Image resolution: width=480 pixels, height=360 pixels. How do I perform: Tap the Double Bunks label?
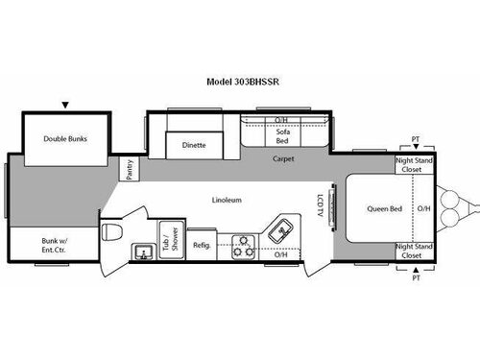[65, 138]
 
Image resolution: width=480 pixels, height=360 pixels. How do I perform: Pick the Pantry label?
[130, 169]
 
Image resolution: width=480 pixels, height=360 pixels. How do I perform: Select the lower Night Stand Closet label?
[412, 252]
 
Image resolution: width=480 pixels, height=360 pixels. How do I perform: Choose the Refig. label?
[202, 245]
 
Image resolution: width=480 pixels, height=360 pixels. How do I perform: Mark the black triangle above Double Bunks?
[65, 105]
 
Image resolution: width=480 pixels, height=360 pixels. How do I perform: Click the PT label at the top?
[416, 139]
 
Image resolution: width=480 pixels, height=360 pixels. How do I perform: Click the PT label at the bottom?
[416, 278]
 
